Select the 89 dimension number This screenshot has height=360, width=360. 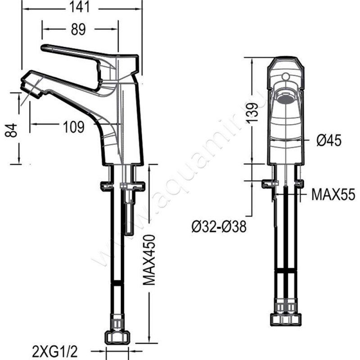[78, 29]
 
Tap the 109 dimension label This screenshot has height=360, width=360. [74, 127]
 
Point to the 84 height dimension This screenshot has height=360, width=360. [11, 130]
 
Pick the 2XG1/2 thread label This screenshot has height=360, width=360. [55, 352]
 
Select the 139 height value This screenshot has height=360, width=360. [253, 113]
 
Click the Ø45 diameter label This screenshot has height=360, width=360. [329, 140]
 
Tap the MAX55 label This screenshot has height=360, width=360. [333, 194]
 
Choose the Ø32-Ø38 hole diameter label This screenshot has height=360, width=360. [219, 227]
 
